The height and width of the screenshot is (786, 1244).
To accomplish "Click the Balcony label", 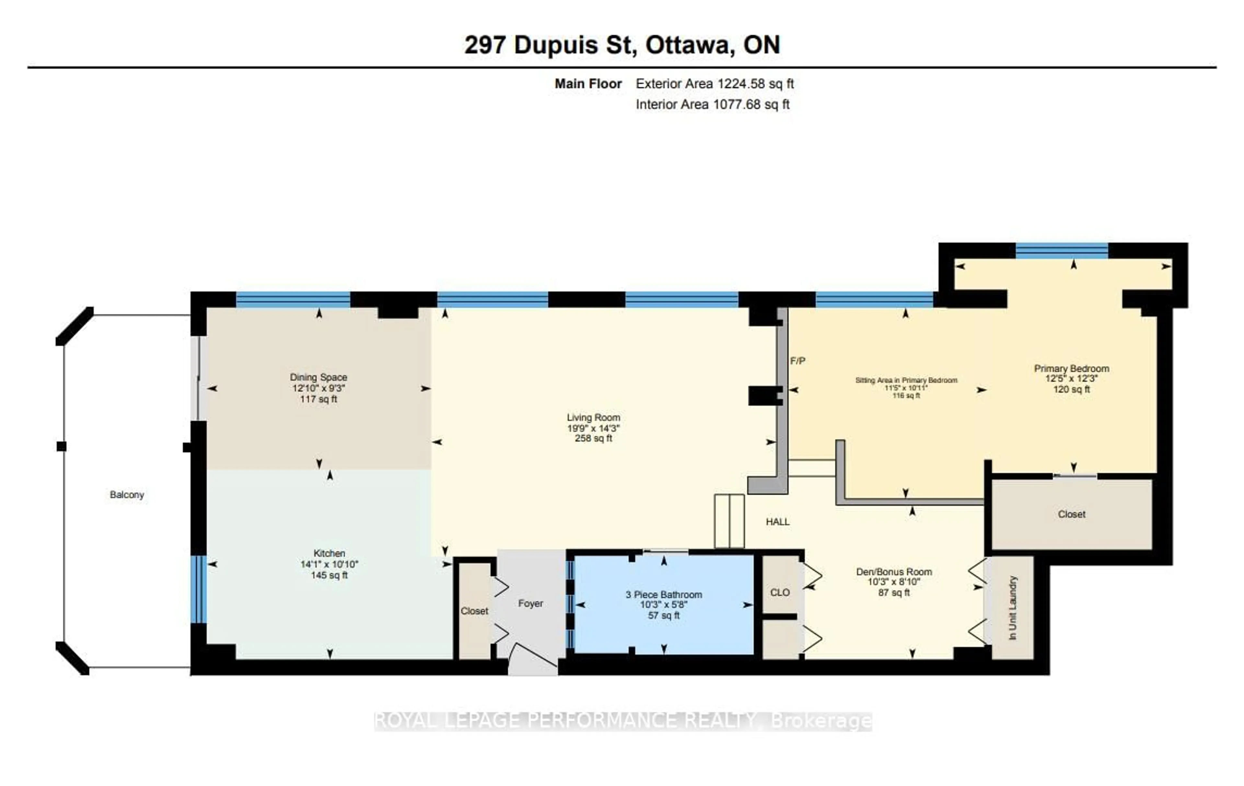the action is (127, 495).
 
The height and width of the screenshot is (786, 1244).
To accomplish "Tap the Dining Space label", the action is (318, 378).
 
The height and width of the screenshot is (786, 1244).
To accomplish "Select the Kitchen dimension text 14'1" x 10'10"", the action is (329, 564).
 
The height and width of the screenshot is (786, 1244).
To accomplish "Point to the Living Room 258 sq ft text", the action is (593, 439).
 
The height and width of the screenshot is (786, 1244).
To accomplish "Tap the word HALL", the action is (777, 522).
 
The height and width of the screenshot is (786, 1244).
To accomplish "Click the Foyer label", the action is (531, 603).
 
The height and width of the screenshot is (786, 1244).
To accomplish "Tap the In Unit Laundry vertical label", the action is (1013, 608).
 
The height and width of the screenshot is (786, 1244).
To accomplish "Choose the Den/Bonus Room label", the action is (894, 572).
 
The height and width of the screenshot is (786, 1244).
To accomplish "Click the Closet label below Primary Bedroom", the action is (1071, 514).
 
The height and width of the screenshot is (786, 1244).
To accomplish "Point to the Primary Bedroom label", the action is (1071, 368).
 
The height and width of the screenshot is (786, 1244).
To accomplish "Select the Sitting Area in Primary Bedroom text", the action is (906, 380).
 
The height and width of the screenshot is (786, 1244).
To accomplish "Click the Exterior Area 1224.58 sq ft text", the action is (714, 84).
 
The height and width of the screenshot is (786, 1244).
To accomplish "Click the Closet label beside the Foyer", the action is (474, 611).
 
